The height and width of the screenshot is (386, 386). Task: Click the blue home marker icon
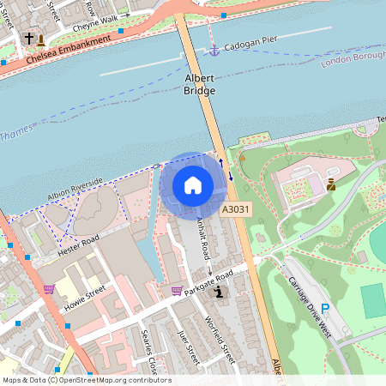click(193, 184)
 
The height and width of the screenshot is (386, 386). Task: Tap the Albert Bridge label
click(200, 83)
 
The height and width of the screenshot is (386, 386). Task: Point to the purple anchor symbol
click(214, 51)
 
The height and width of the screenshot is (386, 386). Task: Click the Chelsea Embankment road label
click(69, 50)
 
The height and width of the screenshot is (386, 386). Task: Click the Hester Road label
click(79, 245)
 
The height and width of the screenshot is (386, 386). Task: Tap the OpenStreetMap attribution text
click(86, 380)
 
